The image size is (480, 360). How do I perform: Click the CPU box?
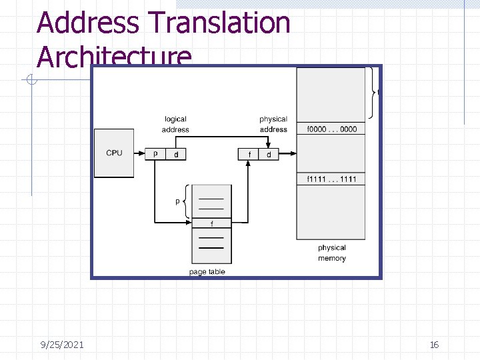(x=114, y=153)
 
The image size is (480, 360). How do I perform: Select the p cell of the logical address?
(x=155, y=154)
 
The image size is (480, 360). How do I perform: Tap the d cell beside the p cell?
(x=175, y=154)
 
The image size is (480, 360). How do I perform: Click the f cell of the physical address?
(x=249, y=154)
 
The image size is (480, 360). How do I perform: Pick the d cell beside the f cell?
(x=268, y=154)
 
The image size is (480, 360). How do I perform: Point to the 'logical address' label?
(x=175, y=124)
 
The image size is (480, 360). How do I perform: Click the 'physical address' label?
(x=273, y=124)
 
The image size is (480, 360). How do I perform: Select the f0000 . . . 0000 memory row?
(x=331, y=129)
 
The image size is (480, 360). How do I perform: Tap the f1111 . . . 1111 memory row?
(x=331, y=179)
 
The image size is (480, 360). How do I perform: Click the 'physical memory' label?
(x=331, y=253)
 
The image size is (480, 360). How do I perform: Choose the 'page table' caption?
(x=207, y=271)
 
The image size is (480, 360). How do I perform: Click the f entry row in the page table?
(x=212, y=223)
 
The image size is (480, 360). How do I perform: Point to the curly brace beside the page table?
(x=187, y=201)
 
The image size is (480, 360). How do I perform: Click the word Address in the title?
(x=88, y=23)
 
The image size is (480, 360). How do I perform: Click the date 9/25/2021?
(x=62, y=345)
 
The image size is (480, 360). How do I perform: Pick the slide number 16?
(x=434, y=345)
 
